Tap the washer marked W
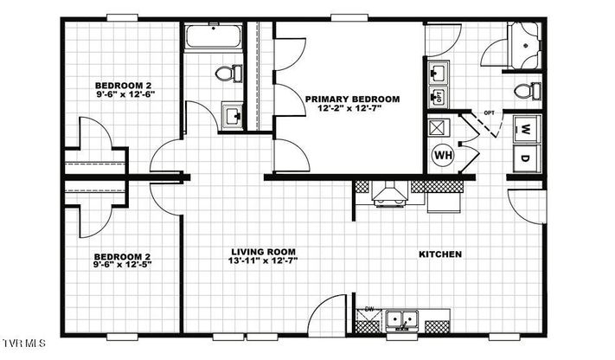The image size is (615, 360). pyautogui.click(x=527, y=129)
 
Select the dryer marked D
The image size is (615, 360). pyautogui.click(x=527, y=158)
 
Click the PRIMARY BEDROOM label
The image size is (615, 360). pyautogui.click(x=353, y=100)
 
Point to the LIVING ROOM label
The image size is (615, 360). pyautogui.click(x=263, y=252)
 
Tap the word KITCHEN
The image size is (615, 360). pyautogui.click(x=440, y=254)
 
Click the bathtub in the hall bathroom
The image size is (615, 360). pyautogui.click(x=214, y=36)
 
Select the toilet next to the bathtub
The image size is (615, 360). pyautogui.click(x=228, y=73)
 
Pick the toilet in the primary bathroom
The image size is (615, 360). pyautogui.click(x=528, y=91)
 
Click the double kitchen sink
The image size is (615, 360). pyautogui.click(x=401, y=319)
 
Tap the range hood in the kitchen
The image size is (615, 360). pyautogui.click(x=390, y=194)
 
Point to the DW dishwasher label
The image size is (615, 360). pyautogui.click(x=369, y=309)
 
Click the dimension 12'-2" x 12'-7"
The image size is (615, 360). pyautogui.click(x=349, y=108)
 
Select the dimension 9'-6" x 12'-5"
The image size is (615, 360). pyautogui.click(x=122, y=265)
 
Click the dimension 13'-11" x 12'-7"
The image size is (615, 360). pyautogui.click(x=263, y=260)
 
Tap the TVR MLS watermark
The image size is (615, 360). pyautogui.click(x=24, y=344)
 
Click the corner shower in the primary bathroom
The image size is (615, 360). pyautogui.click(x=524, y=46)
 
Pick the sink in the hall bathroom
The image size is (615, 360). pyautogui.click(x=232, y=116)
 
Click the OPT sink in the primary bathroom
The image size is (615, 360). pyautogui.click(x=439, y=96)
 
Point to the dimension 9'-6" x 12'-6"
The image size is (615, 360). pyautogui.click(x=125, y=94)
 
